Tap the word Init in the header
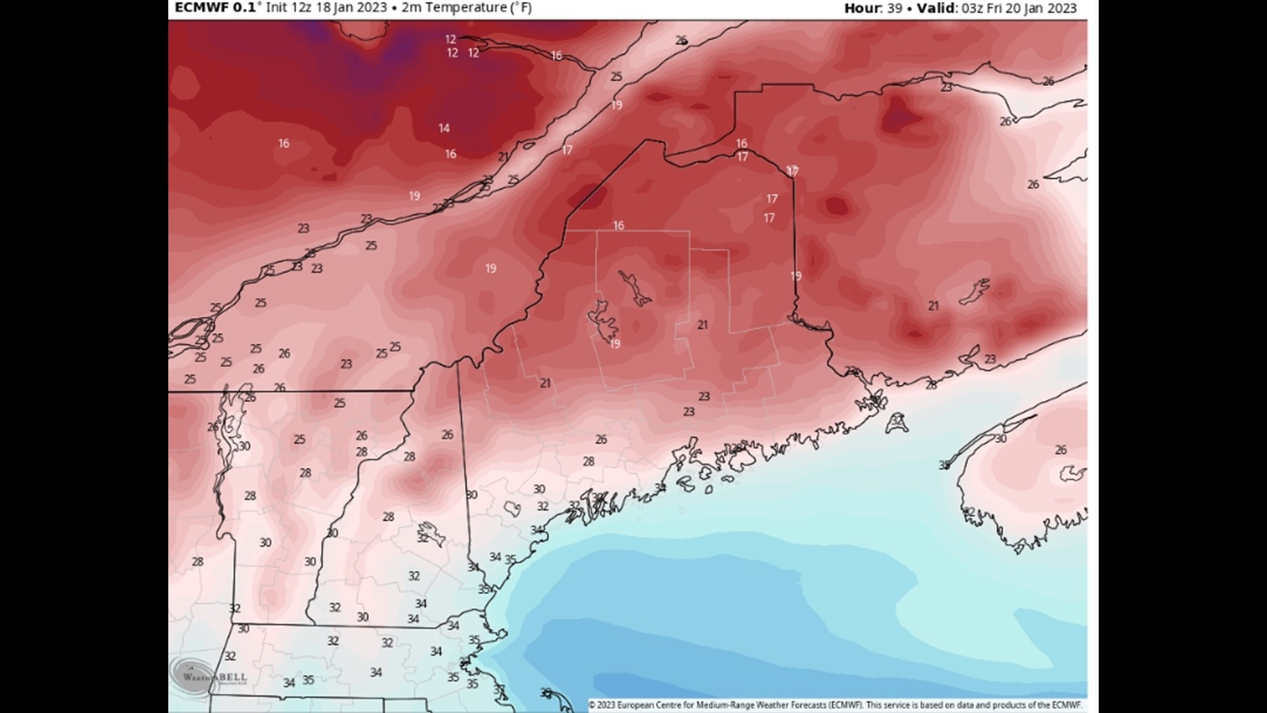276,8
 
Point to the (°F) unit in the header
518,8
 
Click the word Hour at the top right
861,8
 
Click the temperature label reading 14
444,128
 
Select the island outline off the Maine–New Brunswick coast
896,423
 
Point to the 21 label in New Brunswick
933,306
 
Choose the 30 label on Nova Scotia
1000,439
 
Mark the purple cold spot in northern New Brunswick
901,116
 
